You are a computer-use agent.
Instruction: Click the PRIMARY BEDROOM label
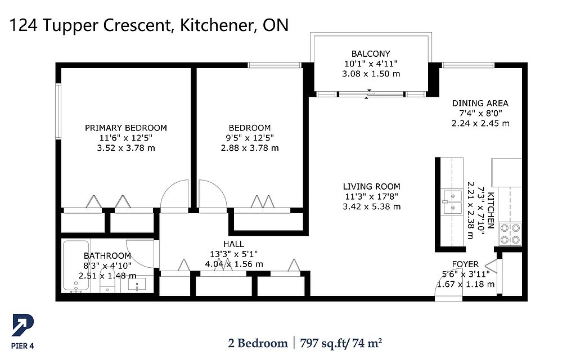point(126,128)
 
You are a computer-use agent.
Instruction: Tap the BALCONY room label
point(371,53)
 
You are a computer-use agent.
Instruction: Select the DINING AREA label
point(480,103)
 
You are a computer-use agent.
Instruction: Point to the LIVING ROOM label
point(371,187)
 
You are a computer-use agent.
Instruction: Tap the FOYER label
point(465,264)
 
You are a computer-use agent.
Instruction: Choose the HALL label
point(233,244)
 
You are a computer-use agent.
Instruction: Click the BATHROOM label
point(107,256)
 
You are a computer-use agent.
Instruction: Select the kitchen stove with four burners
point(510,234)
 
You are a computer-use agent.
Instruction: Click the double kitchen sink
point(452,202)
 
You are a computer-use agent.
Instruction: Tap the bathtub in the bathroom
point(76,265)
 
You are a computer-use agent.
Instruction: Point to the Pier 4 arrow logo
point(22,325)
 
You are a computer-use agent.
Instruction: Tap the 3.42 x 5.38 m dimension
point(371,207)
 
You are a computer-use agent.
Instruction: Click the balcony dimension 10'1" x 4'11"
point(371,64)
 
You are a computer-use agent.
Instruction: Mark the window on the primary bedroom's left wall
point(58,111)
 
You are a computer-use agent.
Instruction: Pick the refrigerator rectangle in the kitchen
point(507,172)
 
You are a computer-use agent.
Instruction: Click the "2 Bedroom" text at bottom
point(258,344)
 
